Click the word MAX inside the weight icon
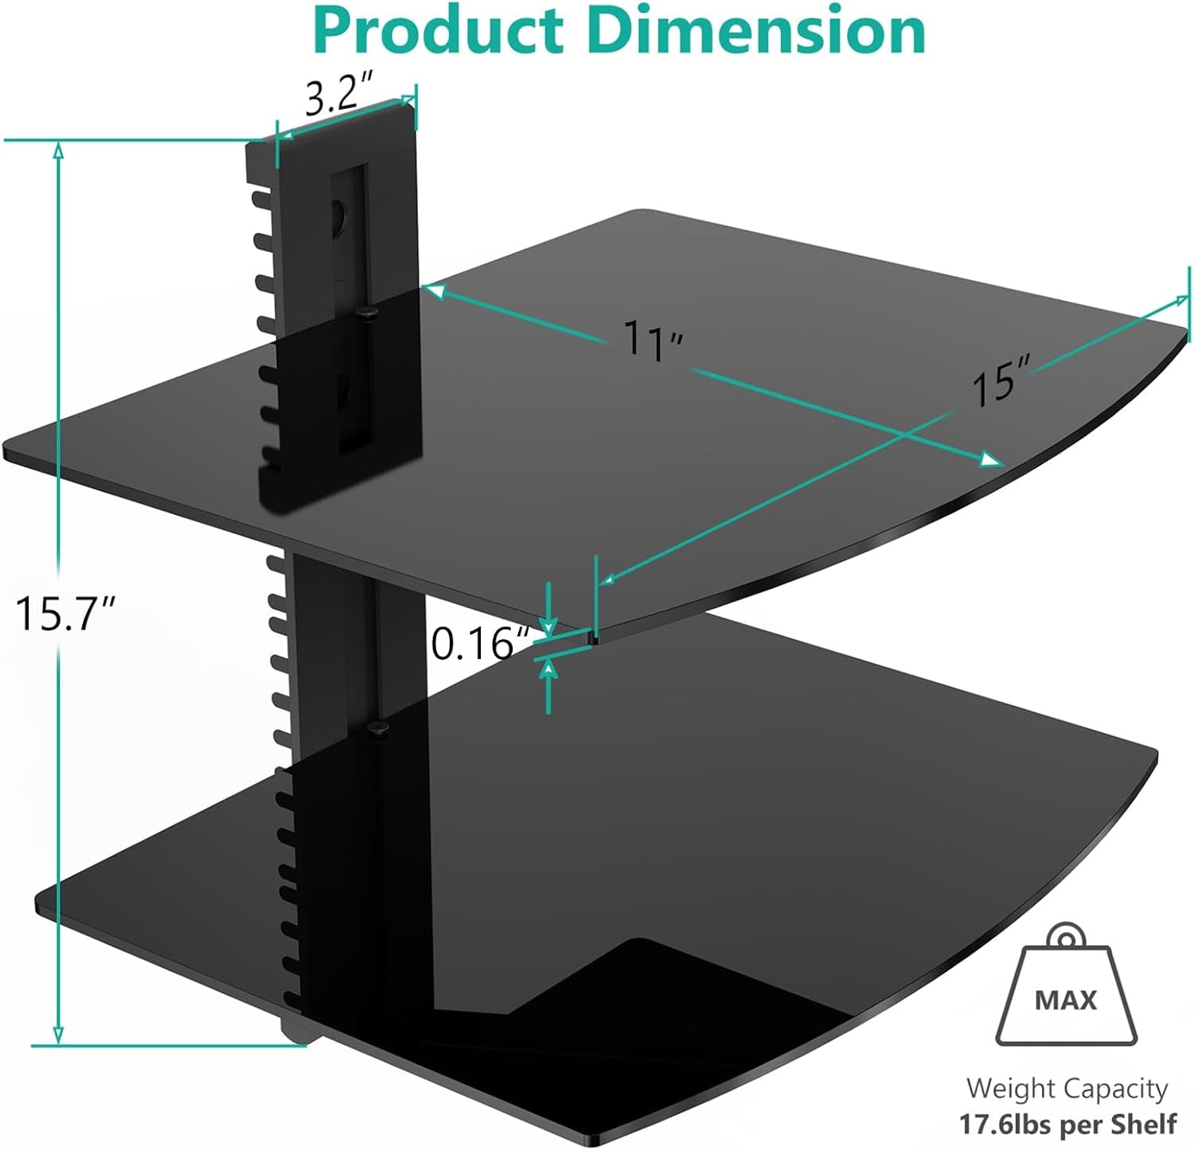click(x=1066, y=1000)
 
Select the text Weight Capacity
click(x=1067, y=1088)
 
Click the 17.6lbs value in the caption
click(x=1005, y=1125)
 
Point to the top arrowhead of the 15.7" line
click(x=58, y=150)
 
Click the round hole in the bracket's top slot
click(x=338, y=213)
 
